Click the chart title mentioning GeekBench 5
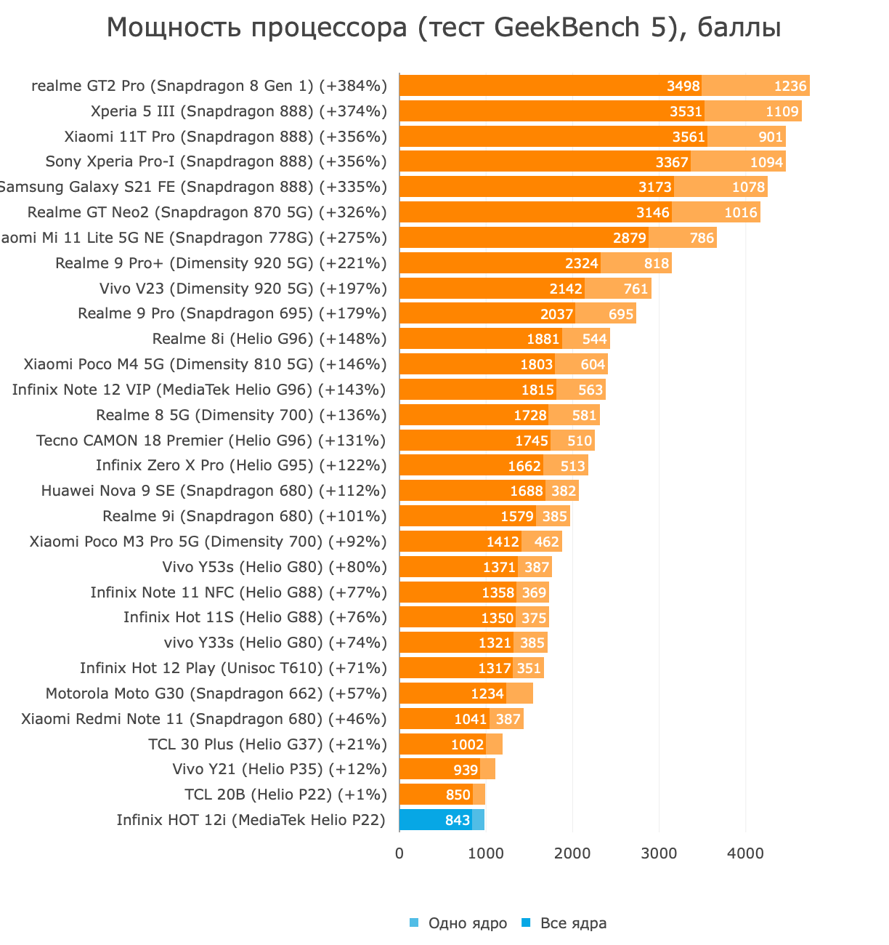pyautogui.click(x=444, y=28)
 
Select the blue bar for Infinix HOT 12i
pyautogui.click(x=436, y=820)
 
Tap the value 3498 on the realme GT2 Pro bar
pyautogui.click(x=683, y=86)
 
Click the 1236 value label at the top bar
pyautogui.click(x=789, y=86)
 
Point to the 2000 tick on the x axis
pyautogui.click(x=572, y=853)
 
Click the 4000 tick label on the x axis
pyautogui.click(x=745, y=853)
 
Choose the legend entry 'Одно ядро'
pyautogui.click(x=467, y=923)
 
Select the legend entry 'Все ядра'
pyautogui.click(x=573, y=923)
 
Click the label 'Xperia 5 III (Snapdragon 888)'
pyautogui.click(x=239, y=111)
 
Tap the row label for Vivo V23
pyautogui.click(x=243, y=289)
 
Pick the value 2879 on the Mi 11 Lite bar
pyautogui.click(x=629, y=238)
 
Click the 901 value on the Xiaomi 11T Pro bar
pyautogui.click(x=770, y=137)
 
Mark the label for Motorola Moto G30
pyautogui.click(x=216, y=693)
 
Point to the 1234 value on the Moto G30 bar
pyautogui.click(x=487, y=693)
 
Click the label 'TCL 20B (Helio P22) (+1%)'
pyautogui.click(x=285, y=795)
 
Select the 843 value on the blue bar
pyautogui.click(x=458, y=820)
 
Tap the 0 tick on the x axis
pyautogui.click(x=399, y=853)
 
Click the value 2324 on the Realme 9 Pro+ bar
pyautogui.click(x=581, y=263)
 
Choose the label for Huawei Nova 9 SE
pyautogui.click(x=214, y=491)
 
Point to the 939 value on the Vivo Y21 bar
pyautogui.click(x=466, y=769)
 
